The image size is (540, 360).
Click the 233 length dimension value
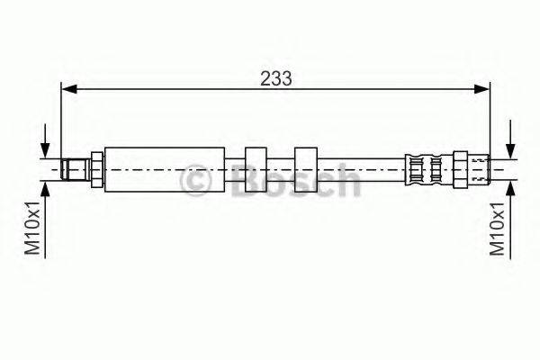point(276,78)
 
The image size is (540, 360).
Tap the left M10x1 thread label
point(33,228)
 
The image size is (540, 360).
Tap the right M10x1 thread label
point(497,229)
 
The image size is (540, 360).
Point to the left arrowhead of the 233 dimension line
point(68,89)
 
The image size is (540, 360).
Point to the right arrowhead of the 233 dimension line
point(481,89)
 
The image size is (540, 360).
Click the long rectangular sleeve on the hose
point(165,169)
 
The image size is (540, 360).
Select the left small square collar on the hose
point(256,169)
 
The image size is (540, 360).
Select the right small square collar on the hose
point(306,169)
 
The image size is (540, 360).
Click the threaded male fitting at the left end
point(76,169)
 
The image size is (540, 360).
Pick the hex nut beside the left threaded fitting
point(97,169)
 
